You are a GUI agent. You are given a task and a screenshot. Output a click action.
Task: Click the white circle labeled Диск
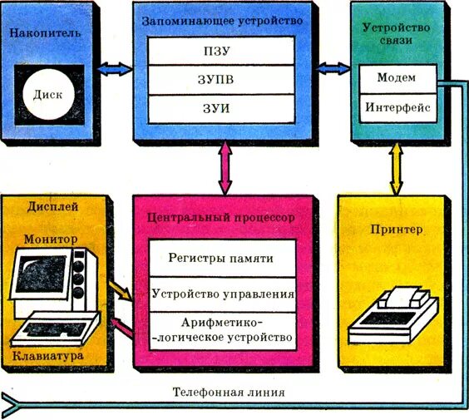pyautogui.click(x=48, y=94)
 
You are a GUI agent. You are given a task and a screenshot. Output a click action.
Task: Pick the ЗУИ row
pyautogui.click(x=221, y=109)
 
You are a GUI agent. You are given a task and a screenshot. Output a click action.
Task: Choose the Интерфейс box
pyautogui.click(x=397, y=108)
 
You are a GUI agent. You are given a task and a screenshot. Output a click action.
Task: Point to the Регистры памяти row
pyautogui.click(x=221, y=259)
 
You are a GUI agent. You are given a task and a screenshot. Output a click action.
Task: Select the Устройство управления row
pyautogui.click(x=221, y=294)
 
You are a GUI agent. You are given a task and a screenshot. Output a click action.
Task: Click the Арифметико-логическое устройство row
pyautogui.click(x=221, y=330)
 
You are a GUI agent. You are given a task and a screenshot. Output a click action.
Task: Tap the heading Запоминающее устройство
pyautogui.click(x=221, y=18)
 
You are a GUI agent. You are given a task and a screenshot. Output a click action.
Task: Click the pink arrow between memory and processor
pyautogui.click(x=223, y=168)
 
